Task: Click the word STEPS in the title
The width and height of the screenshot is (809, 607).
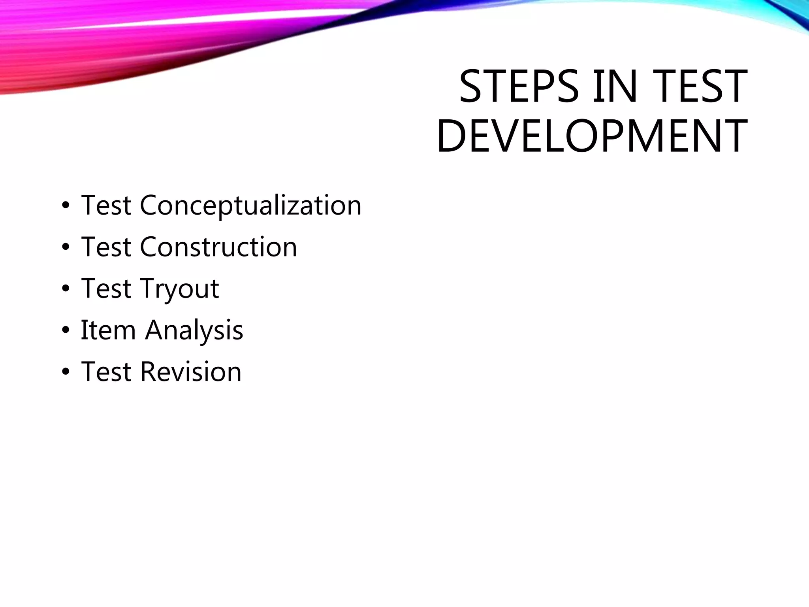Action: pos(519,87)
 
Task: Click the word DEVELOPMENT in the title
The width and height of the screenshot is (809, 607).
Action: pos(592,136)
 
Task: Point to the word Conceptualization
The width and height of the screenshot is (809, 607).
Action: pos(250,205)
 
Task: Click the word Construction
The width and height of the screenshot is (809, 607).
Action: pos(218,247)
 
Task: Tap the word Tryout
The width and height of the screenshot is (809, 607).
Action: pos(179,289)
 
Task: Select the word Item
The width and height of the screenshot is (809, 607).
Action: pos(108,330)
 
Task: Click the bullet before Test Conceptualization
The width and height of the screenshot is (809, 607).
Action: pos(66,206)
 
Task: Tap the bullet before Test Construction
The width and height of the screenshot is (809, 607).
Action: pos(66,248)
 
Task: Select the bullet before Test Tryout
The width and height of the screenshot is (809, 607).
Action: pos(66,289)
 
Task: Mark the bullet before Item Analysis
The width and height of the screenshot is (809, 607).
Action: pos(66,331)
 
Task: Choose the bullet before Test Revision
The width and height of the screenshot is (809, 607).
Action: pos(66,372)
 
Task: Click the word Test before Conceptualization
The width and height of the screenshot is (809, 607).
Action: pos(106,205)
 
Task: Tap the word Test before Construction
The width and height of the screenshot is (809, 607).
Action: pos(106,247)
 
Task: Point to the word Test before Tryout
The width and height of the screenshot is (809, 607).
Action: pos(106,288)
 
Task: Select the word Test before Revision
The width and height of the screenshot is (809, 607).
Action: pos(106,372)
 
